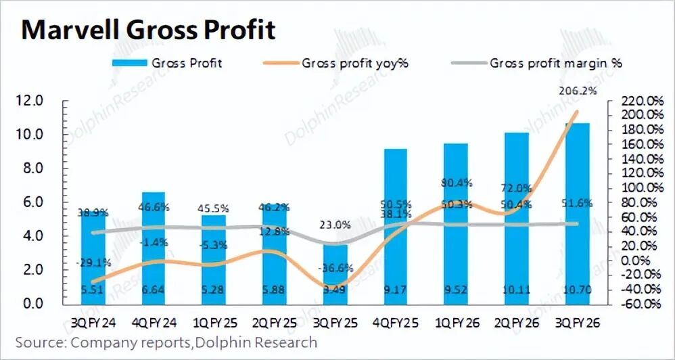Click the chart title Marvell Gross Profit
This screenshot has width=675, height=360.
(149, 30)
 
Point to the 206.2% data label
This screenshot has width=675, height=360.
(576, 90)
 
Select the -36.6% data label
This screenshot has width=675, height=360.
(336, 267)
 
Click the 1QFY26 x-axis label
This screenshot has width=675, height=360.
(457, 324)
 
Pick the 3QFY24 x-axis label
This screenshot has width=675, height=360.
(94, 324)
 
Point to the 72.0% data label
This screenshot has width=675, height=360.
(516, 187)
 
